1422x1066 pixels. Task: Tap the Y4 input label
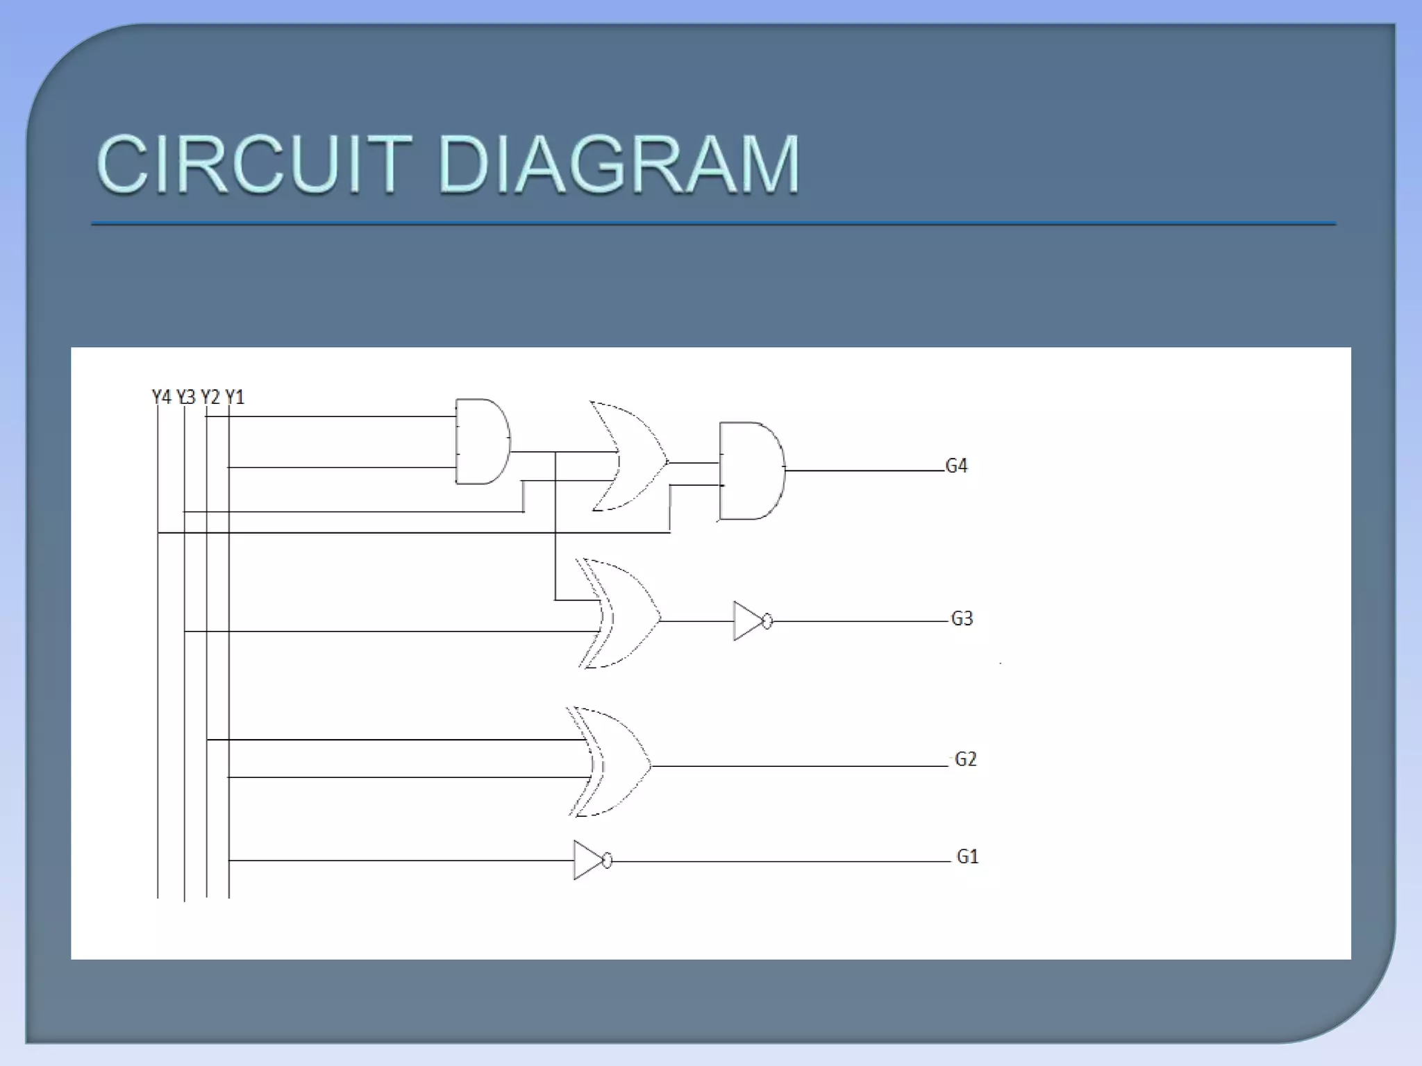tap(161, 397)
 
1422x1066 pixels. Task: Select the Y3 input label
tap(186, 397)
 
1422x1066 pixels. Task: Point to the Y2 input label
tap(210, 397)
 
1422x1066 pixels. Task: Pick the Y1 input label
tap(235, 397)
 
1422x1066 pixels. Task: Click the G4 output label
tap(956, 466)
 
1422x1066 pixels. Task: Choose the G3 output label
tap(962, 618)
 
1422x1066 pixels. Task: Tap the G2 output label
tap(966, 759)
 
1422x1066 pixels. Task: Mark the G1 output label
tap(967, 857)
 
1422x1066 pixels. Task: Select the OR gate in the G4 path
tap(628, 457)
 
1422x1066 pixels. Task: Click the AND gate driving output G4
tap(752, 471)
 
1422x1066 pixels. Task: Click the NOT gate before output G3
tap(748, 621)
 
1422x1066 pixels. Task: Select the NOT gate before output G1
tap(589, 861)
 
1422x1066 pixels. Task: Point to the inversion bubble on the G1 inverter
tap(608, 861)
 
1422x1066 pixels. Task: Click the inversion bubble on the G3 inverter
tap(767, 621)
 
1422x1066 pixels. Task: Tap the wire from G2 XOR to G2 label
tap(798, 766)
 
